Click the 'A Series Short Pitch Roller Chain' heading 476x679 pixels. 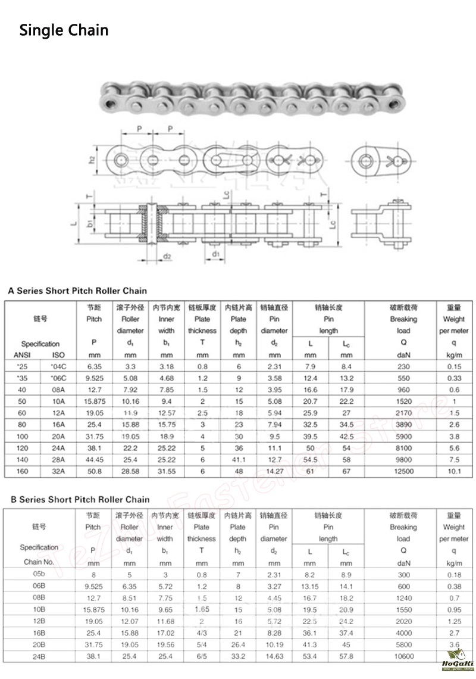(x=77, y=291)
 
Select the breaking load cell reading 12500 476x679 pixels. (x=403, y=472)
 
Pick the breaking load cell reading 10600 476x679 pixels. (x=403, y=656)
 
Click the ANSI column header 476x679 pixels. (x=21, y=355)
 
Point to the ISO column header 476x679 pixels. (x=58, y=355)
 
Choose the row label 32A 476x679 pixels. (x=58, y=472)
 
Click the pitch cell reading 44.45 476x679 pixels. (x=94, y=460)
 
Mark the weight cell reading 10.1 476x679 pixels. (x=453, y=472)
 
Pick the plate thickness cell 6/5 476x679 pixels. (x=202, y=656)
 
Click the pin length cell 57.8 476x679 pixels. (x=346, y=656)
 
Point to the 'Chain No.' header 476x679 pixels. (x=39, y=562)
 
